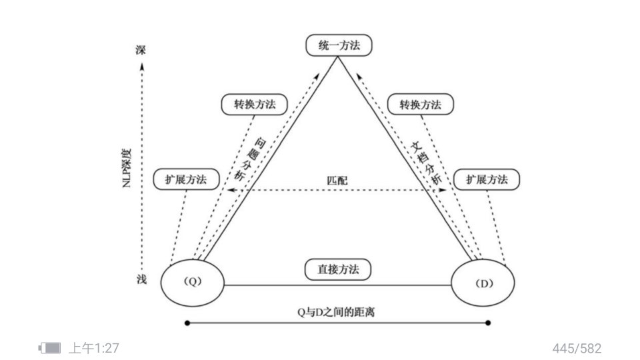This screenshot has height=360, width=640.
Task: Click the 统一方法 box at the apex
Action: pos(338,45)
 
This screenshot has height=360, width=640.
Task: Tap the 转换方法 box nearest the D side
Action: pos(420,105)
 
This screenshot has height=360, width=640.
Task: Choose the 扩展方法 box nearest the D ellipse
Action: pos(487,179)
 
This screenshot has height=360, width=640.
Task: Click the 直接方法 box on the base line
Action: pos(338,270)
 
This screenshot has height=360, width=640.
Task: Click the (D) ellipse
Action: pos(483,282)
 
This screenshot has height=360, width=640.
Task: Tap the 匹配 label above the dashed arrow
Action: pos(337,181)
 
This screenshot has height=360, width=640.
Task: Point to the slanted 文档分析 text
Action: pos(424,160)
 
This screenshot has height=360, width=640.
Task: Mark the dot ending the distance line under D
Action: pos(489,323)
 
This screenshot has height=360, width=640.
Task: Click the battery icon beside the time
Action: pos(50,347)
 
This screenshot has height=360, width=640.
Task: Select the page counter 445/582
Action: pos(577,347)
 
